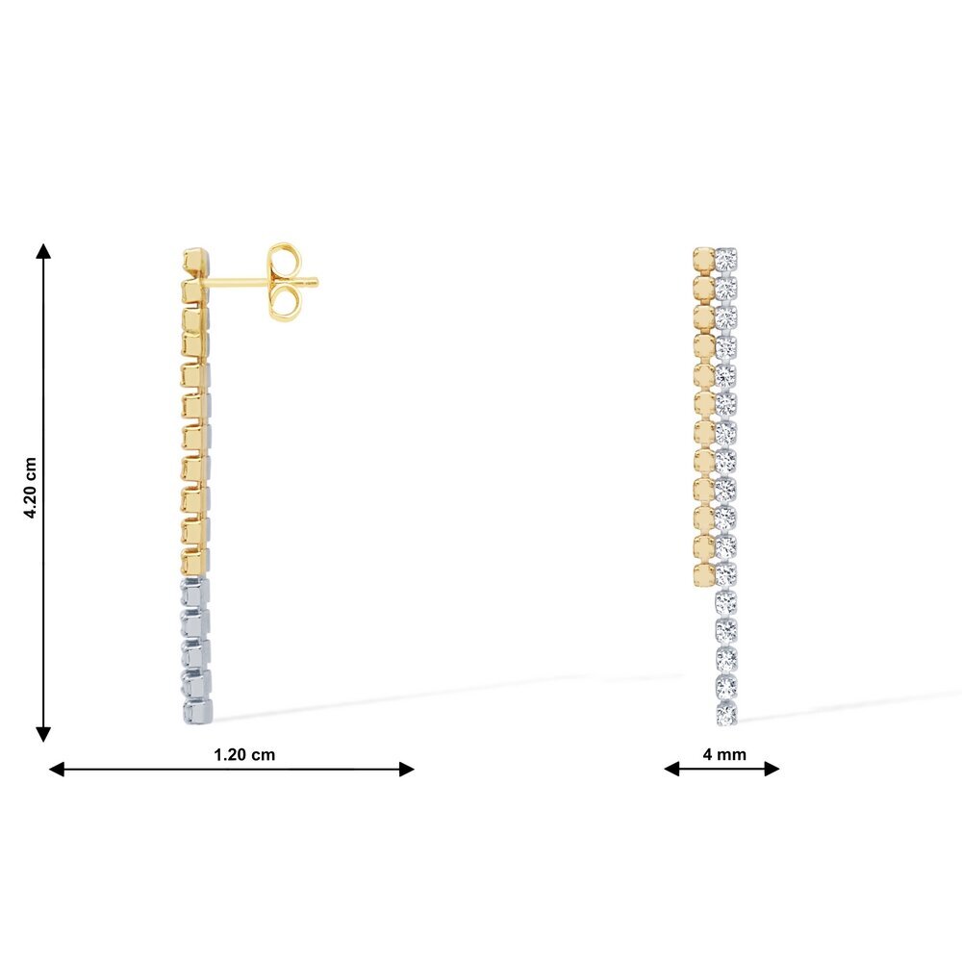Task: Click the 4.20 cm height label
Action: pos(31,488)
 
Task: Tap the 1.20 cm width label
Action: pos(244,754)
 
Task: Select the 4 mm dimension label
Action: pos(724,754)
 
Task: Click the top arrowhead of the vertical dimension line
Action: pos(43,250)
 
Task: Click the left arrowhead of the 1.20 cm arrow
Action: pos(57,769)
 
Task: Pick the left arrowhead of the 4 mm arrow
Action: pos(671,768)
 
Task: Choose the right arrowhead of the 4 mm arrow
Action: pos(772,768)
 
